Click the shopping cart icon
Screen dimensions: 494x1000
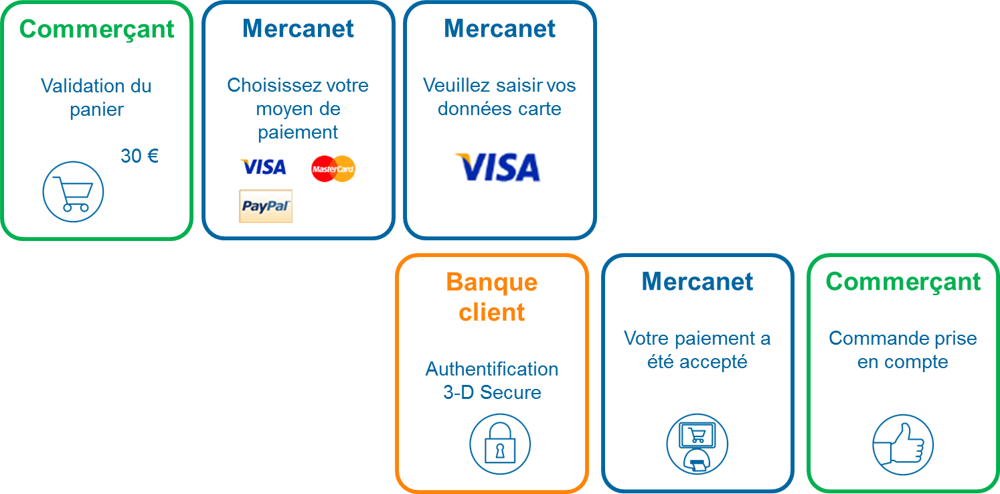pyautogui.click(x=73, y=192)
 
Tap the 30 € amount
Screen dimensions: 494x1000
pyautogui.click(x=140, y=156)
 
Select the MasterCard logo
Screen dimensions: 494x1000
pyautogui.click(x=333, y=168)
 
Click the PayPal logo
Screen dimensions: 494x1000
pyautogui.click(x=266, y=206)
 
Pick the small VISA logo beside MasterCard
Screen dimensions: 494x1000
pyautogui.click(x=263, y=167)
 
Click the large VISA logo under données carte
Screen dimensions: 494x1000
pyautogui.click(x=497, y=167)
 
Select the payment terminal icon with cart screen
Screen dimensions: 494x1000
pyautogui.click(x=697, y=444)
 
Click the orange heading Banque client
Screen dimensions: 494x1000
pyautogui.click(x=492, y=297)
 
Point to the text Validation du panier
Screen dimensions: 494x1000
pyautogui.click(x=96, y=98)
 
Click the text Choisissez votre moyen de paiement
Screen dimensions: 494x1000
pyautogui.click(x=298, y=108)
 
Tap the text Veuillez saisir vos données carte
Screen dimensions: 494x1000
pyautogui.click(x=499, y=97)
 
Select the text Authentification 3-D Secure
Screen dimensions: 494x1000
pyautogui.click(x=492, y=380)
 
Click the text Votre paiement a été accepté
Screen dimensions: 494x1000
pyautogui.click(x=697, y=350)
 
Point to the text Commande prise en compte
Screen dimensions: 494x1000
pyautogui.click(x=902, y=350)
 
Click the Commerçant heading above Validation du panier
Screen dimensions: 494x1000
pyautogui.click(x=96, y=29)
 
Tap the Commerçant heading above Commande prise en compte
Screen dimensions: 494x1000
pyautogui.click(x=902, y=282)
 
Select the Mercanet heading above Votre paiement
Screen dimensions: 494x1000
pyautogui.click(x=697, y=282)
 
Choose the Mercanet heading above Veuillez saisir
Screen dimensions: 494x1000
pyautogui.click(x=499, y=29)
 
